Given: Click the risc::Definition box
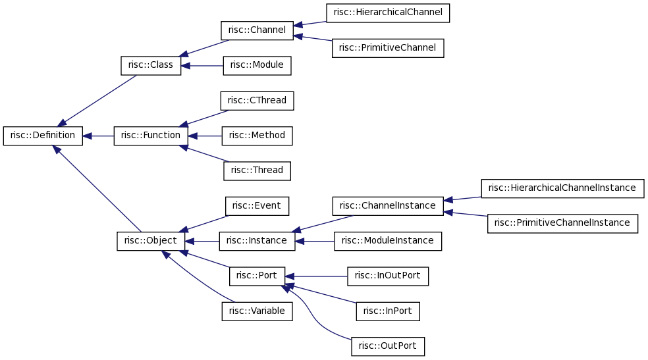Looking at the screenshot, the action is point(43,136).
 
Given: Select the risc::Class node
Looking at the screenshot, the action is point(151,66).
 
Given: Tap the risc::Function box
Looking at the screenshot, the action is point(151,136).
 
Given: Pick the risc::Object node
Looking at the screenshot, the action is point(151,241).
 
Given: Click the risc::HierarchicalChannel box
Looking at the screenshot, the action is point(388,13).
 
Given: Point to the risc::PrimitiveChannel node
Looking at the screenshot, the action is point(388,48).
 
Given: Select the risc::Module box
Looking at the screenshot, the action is point(257,66).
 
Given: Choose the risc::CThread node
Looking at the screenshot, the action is point(257,101).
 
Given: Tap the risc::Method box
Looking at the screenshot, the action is point(257,136).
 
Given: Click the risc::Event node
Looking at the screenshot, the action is point(257,206).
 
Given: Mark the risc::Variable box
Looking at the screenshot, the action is point(257,311).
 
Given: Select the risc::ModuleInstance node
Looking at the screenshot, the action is point(388,241).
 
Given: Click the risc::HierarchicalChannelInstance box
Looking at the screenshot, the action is point(562,188).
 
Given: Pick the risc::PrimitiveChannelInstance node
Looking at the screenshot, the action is point(562,223).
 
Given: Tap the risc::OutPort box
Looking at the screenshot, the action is point(388,346).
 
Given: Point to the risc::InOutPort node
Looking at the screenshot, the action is point(388,276).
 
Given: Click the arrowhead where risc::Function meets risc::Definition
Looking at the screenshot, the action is point(87,136).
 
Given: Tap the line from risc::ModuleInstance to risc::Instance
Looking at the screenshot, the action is point(315,241).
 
